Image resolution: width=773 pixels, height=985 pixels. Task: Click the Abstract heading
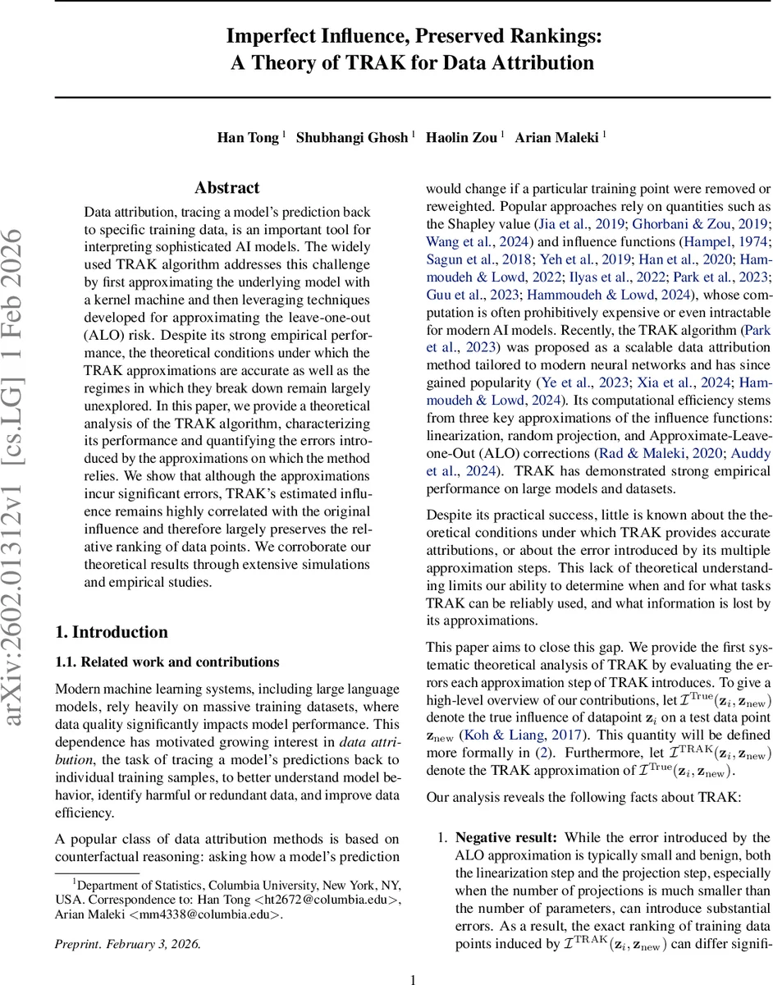pos(226,188)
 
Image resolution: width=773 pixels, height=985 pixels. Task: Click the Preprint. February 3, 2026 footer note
pos(127,943)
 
